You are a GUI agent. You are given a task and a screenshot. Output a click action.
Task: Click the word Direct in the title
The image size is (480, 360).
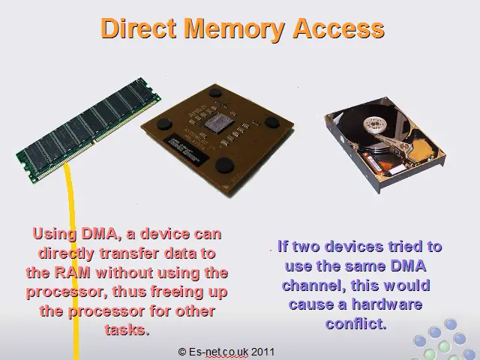coord(138,28)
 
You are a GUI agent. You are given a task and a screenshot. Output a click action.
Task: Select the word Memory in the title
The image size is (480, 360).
coord(235,30)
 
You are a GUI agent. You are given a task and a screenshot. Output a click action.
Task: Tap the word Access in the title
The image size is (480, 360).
coord(338,28)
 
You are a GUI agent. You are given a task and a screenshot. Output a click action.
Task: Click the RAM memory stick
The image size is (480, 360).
coord(88,130)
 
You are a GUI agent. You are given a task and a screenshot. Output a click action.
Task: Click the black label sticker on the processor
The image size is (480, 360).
coord(186,150)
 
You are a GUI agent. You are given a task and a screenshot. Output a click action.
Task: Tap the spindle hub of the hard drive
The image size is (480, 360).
coord(375,124)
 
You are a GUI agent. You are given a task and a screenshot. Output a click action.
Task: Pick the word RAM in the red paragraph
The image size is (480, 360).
coord(72,272)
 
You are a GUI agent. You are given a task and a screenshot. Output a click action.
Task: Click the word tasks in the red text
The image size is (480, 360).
coord(127,330)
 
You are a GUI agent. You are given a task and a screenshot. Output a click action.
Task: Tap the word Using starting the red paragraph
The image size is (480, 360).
coord(55,235)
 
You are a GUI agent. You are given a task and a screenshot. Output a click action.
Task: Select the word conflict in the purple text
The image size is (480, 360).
coord(355,323)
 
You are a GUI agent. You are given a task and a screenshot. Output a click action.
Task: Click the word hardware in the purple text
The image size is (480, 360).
coord(387,304)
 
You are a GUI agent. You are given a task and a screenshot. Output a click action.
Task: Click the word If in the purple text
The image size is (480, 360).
coord(283,246)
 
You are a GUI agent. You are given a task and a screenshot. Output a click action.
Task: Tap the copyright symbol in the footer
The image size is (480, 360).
coord(181,352)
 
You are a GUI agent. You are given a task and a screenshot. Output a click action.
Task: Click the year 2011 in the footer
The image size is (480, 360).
coord(262,352)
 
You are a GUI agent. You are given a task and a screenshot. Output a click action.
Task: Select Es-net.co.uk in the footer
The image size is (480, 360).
coord(218,352)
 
